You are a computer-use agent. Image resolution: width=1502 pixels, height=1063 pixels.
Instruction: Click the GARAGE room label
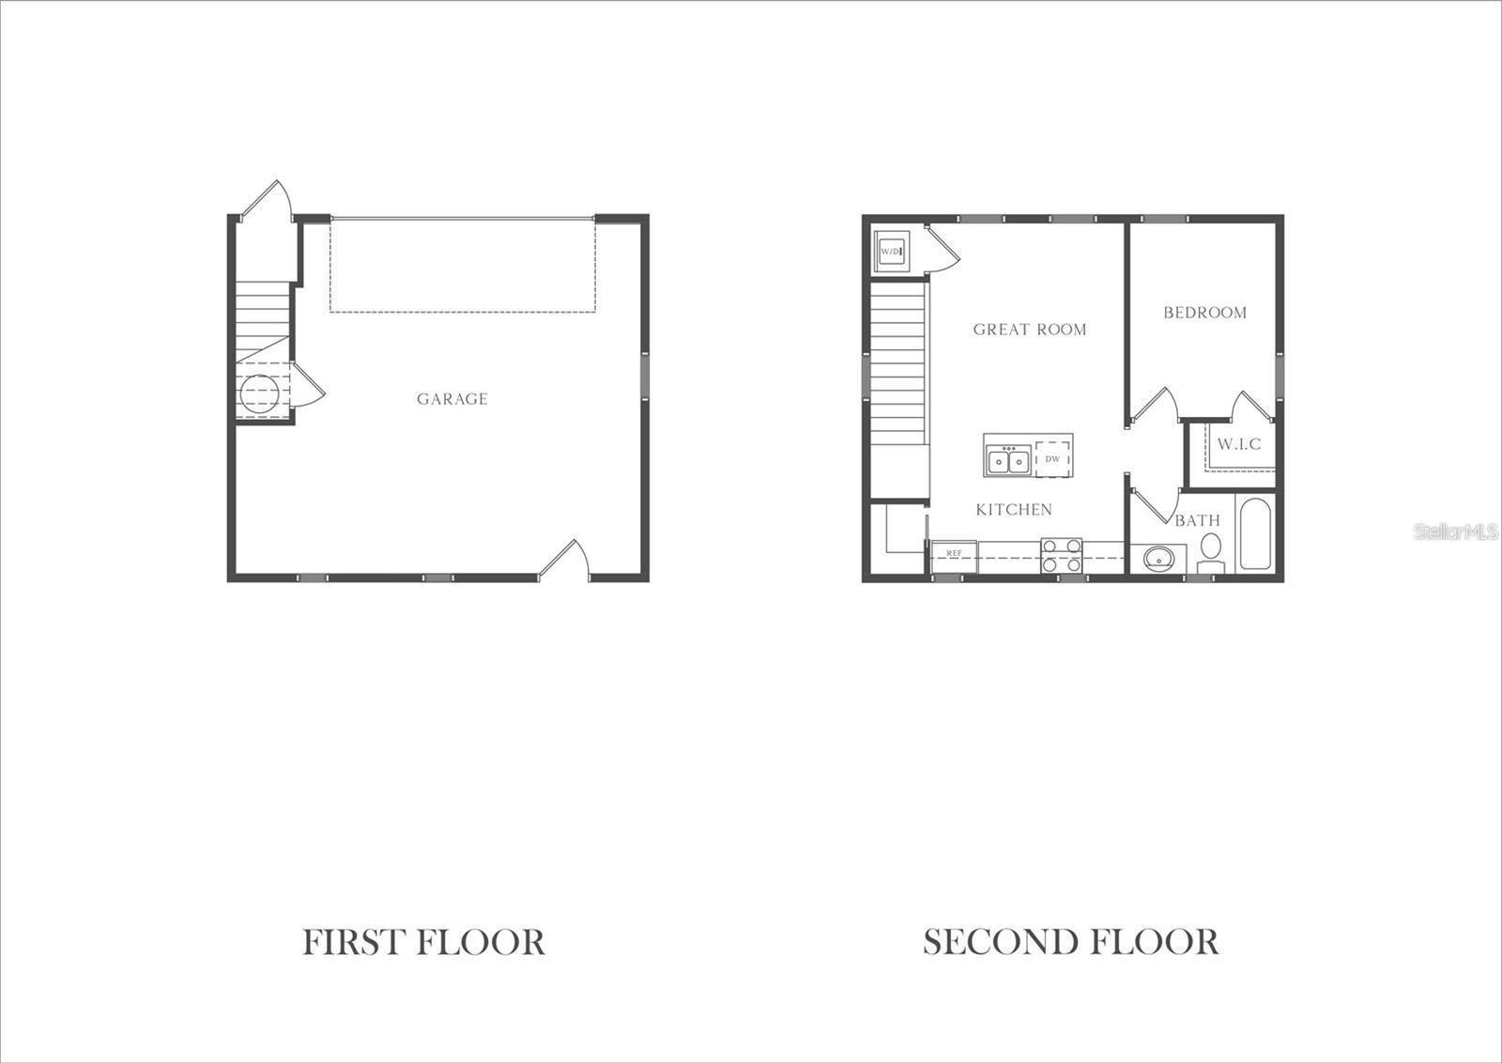[x=452, y=399]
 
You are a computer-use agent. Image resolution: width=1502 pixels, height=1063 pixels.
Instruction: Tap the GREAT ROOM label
[x=1029, y=330]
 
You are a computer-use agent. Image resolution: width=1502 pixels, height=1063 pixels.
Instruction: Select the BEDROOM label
[x=1205, y=313]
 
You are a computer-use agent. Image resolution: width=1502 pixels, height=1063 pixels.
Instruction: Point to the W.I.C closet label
[x=1239, y=444]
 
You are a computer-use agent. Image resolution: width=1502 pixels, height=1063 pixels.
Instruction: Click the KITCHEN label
[x=1014, y=510]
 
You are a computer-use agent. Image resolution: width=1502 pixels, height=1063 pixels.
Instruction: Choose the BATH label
[x=1198, y=520]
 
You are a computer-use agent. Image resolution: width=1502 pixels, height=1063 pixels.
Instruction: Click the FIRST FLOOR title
[x=423, y=942]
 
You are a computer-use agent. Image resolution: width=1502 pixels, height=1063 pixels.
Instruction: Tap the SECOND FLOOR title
[x=1071, y=942]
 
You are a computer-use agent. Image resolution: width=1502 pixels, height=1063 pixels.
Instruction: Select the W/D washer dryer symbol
[x=891, y=252]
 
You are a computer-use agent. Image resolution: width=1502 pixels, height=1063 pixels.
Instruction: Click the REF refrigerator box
[x=954, y=557]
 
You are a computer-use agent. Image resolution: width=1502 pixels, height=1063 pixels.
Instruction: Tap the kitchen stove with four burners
[x=1062, y=556]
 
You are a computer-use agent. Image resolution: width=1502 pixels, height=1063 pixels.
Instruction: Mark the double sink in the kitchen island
[x=1008, y=460]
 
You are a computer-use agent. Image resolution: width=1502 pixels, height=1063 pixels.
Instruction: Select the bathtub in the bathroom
[x=1255, y=533]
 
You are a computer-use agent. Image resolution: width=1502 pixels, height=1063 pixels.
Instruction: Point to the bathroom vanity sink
[x=1158, y=558]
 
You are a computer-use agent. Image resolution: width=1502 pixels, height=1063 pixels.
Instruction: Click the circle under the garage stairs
[x=259, y=394]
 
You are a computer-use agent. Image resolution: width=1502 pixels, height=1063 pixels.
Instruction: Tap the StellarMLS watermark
[x=1455, y=531]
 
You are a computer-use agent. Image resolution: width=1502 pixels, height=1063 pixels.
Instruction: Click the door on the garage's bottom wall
[x=563, y=558]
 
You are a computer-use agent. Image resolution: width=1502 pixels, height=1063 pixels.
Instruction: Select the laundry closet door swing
[x=943, y=249]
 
